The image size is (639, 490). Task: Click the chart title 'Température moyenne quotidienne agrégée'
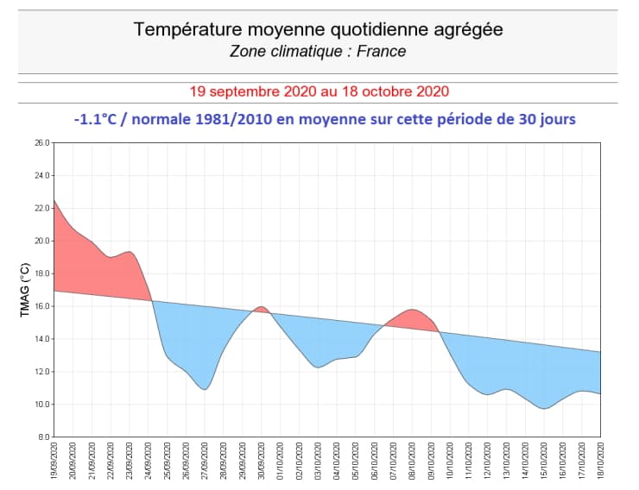[318, 30]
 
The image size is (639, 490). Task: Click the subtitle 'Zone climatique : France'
[318, 51]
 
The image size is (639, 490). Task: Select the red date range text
[319, 91]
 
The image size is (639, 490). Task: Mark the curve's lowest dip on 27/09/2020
[205, 389]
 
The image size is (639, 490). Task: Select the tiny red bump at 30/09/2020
[260, 309]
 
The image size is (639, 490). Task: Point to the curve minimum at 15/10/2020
[544, 408]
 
